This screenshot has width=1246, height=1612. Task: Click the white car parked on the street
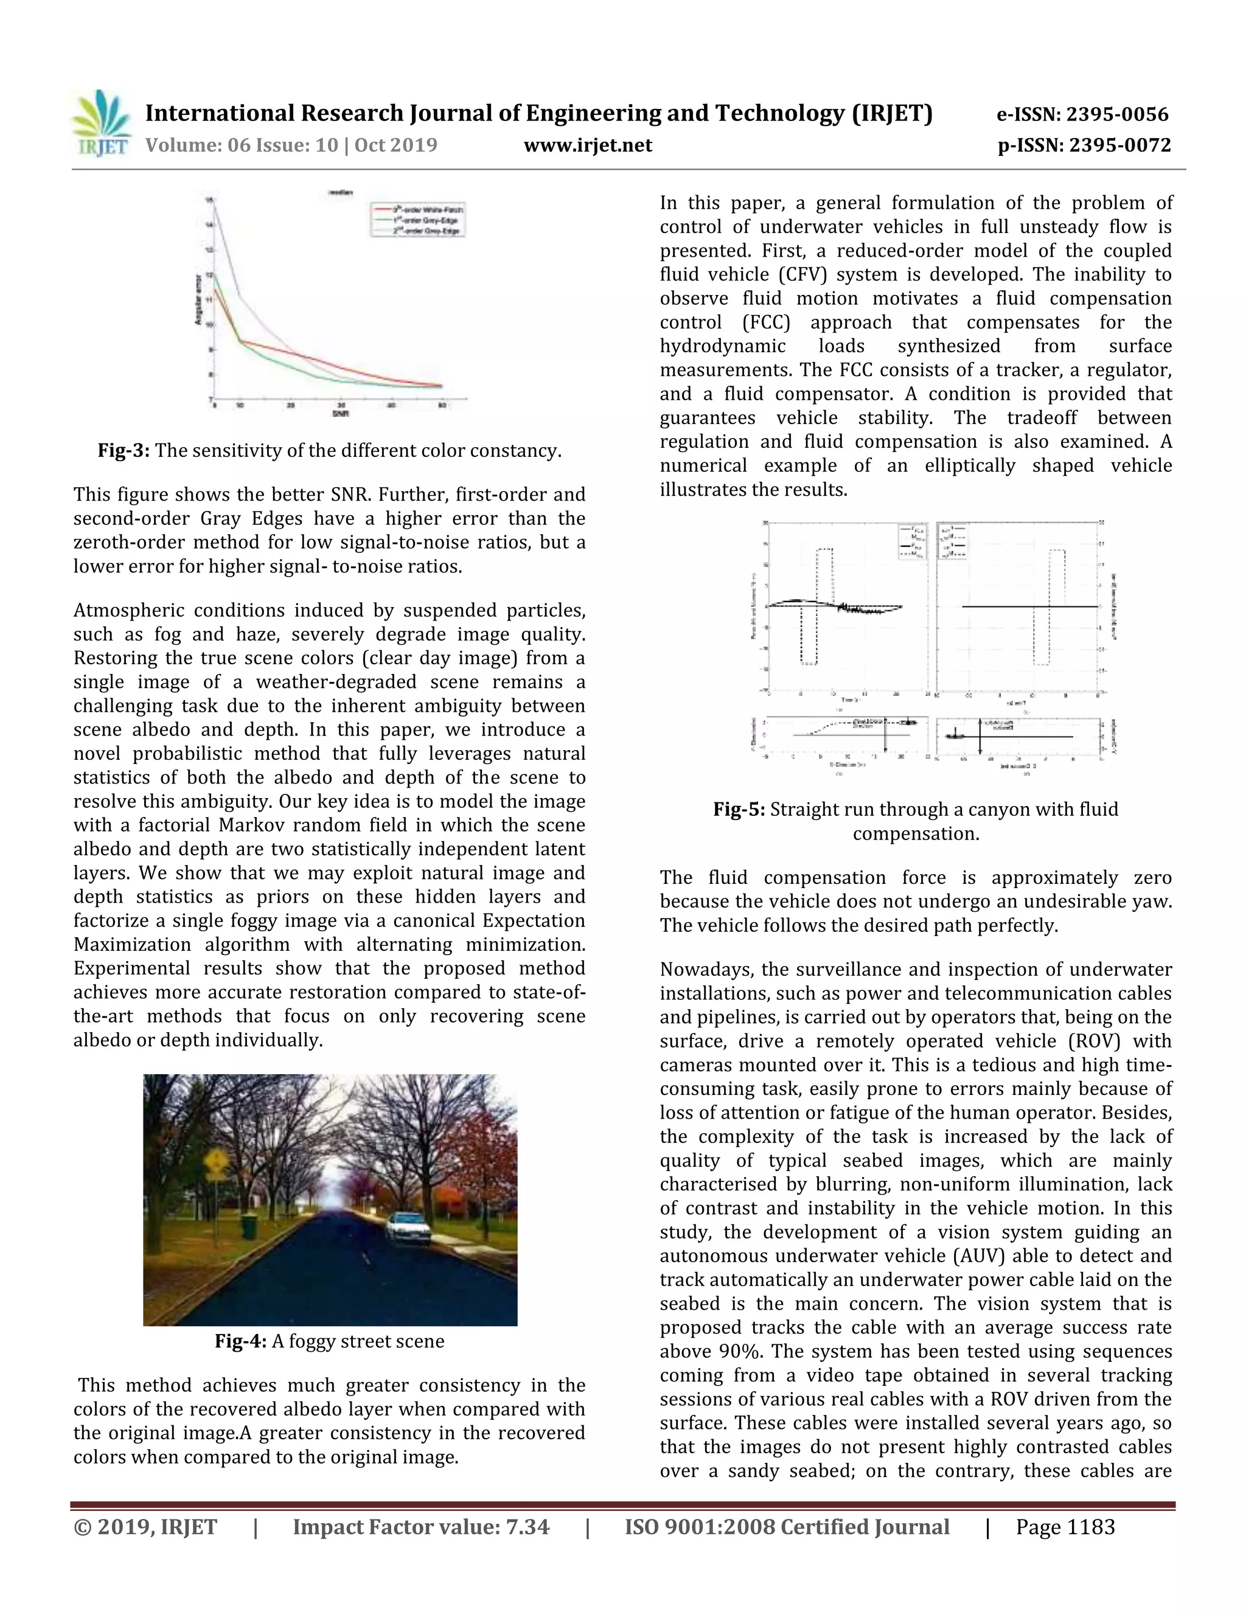tap(408, 1226)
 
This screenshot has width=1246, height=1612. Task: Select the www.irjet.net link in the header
tap(588, 145)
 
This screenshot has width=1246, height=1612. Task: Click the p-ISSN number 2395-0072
tap(1119, 145)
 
